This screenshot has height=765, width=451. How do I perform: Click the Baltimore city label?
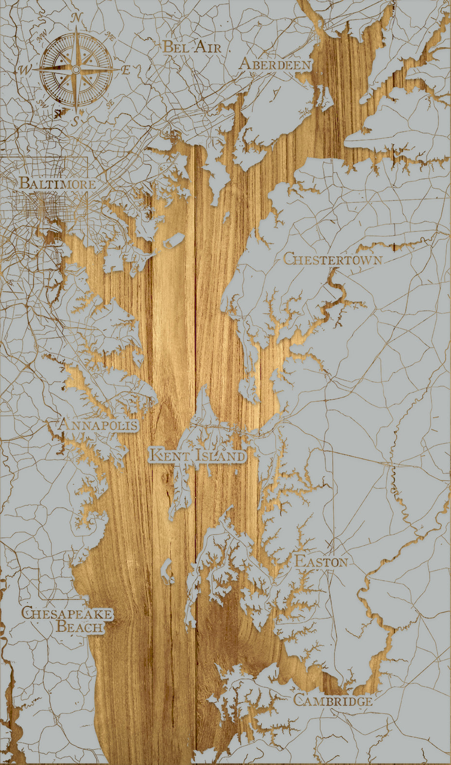tap(57, 184)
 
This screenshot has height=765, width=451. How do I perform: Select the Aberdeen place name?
tap(275, 64)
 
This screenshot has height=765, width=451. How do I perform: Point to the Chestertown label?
tap(332, 259)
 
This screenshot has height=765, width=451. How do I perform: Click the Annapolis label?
tap(98, 425)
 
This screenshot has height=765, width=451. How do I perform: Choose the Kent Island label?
tap(197, 456)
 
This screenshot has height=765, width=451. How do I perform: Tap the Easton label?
tap(321, 562)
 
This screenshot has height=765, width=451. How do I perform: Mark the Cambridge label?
tap(333, 701)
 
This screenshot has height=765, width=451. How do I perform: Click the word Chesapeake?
tap(67, 613)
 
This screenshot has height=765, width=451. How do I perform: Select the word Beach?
tap(80, 626)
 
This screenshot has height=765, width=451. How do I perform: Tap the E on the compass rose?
tap(125, 70)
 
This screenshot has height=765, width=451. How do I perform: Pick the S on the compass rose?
tap(75, 122)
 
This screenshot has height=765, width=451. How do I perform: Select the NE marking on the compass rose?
tap(110, 36)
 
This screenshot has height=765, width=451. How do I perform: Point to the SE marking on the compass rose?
tap(110, 103)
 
